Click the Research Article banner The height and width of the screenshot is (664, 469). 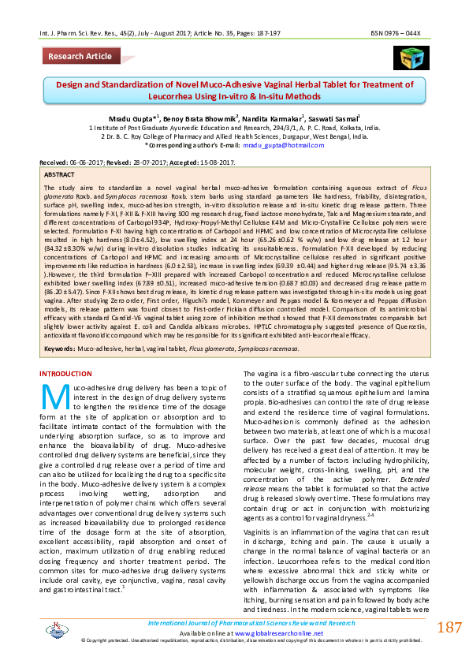click(80, 57)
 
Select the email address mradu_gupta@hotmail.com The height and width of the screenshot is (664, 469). click(274, 146)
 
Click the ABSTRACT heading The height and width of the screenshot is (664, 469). click(60, 173)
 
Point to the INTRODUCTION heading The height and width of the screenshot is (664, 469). click(70, 373)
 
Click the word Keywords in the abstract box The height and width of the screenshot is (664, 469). click(60, 348)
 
